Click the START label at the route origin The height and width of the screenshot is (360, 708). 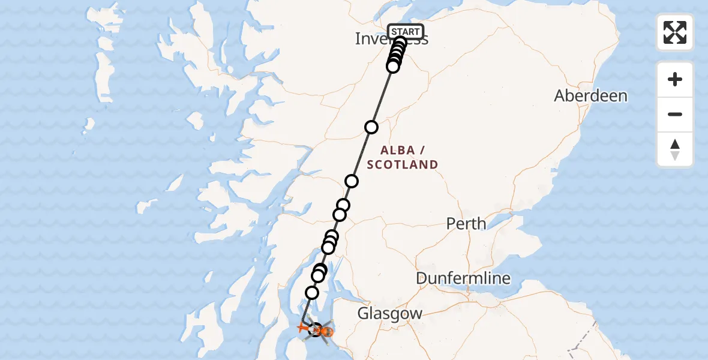[x=406, y=32]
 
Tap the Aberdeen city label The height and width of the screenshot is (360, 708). [x=590, y=96]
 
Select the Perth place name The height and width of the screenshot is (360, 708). [x=466, y=224]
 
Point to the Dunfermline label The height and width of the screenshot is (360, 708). [x=464, y=278]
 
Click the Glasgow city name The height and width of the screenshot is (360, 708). [x=390, y=313]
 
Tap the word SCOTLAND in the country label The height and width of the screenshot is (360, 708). [x=403, y=164]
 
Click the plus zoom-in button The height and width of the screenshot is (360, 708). [x=675, y=80]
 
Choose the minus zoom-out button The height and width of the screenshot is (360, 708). [x=675, y=114]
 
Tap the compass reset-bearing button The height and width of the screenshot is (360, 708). [x=675, y=149]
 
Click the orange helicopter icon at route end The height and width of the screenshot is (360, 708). [x=324, y=331]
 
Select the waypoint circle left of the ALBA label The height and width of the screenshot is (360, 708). [x=371, y=127]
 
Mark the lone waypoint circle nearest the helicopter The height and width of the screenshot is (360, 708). [x=312, y=293]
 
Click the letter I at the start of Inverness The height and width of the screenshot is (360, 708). [x=358, y=39]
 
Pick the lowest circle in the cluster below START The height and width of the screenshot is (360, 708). [x=393, y=67]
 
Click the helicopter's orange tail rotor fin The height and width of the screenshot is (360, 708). [x=302, y=328]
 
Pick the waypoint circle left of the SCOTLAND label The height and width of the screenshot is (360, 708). [x=352, y=181]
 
